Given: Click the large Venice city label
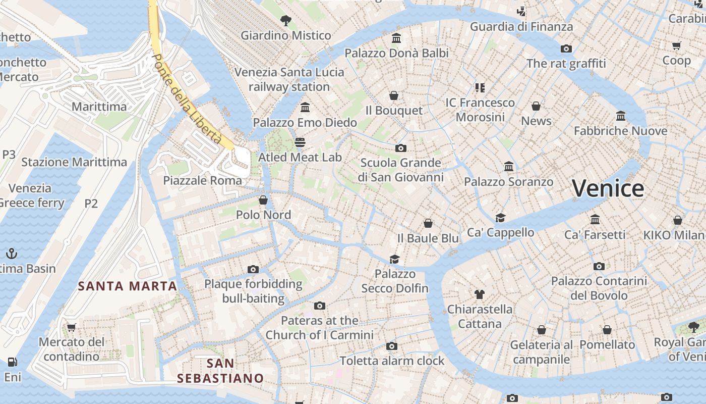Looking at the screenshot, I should pos(608,188).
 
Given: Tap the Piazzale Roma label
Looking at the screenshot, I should pos(202,180).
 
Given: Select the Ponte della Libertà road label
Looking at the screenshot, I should pos(187,98).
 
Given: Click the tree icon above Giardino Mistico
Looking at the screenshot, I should pos(286,21).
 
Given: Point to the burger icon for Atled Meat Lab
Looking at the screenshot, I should pos(300,142).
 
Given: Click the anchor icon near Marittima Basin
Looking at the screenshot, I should pos(11,254).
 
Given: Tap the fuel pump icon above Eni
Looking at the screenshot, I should pos(12,362).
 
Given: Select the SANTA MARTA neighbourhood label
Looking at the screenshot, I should pos(127,286).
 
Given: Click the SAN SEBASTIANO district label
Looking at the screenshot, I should pos(220,371).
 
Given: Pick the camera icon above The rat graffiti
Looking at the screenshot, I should pos(566,48).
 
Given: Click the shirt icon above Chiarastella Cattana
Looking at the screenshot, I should pos(480,294).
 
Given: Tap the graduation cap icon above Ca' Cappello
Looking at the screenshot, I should pos(500,218).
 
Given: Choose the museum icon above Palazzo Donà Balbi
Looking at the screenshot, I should pos(396,38).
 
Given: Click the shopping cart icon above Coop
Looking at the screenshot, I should pos(677,45).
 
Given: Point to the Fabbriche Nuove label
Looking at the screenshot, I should pos(620,131).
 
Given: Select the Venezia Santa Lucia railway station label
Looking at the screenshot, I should pos(289,79).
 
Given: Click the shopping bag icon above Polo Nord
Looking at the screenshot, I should pos(263,200).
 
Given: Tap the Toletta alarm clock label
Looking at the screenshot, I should pos(392,361).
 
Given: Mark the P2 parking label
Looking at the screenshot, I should pos(91,203).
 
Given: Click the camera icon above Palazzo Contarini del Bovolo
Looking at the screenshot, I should pos(599,266).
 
